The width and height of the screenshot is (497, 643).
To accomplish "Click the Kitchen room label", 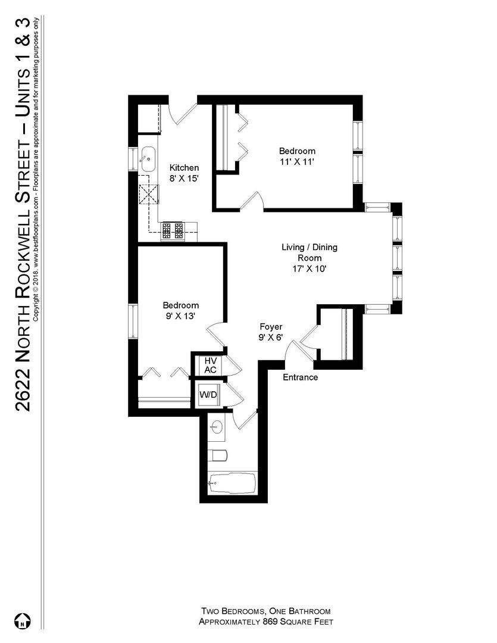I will (x=184, y=168).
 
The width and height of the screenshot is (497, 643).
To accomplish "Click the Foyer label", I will (x=270, y=327).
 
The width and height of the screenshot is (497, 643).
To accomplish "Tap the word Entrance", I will (x=300, y=377).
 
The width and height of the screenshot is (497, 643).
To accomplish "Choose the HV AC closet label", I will (x=210, y=365).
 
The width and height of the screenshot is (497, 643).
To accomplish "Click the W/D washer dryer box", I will (x=208, y=394).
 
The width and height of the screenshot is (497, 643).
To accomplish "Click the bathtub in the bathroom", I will (x=232, y=481).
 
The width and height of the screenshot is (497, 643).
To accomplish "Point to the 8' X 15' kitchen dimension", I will (x=184, y=178).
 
